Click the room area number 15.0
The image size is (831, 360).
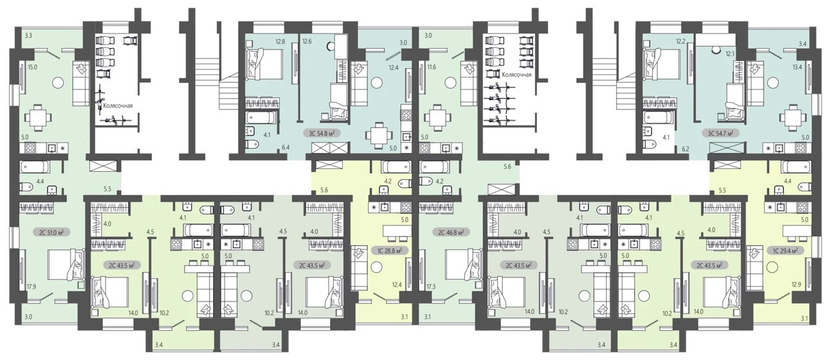click(32, 67)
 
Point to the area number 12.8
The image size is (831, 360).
click(280, 42)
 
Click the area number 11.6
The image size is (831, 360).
click(431, 67)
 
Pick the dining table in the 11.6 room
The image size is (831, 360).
click(439, 117)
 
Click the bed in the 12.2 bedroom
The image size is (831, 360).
click(662, 64)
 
